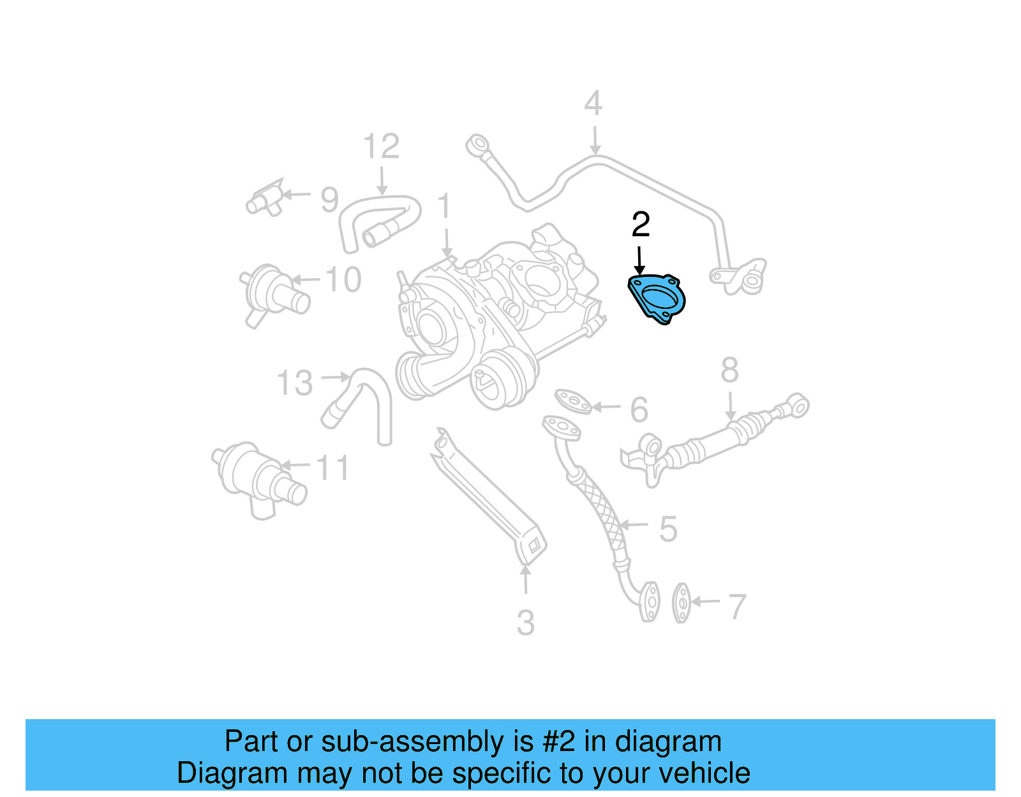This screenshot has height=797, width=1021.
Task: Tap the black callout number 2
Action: [640, 225]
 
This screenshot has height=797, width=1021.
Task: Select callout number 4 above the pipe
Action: [593, 103]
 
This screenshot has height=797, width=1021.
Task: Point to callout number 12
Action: [381, 147]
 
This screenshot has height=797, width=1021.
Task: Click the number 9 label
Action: [329, 200]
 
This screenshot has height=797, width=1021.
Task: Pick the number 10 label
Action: [343, 279]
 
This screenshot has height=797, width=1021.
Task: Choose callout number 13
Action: [295, 384]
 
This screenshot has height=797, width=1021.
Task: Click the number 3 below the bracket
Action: [525, 623]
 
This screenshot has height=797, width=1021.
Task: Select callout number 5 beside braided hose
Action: [667, 529]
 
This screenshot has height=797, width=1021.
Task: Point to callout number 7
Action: [737, 606]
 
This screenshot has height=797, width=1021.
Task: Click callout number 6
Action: [639, 410]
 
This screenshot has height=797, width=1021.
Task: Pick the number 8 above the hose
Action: [729, 370]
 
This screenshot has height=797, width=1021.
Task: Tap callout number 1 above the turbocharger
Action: [445, 207]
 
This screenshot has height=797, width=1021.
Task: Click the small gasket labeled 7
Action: [682, 602]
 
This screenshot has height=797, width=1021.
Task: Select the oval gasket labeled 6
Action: [572, 401]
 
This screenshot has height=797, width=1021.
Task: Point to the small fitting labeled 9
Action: [265, 198]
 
